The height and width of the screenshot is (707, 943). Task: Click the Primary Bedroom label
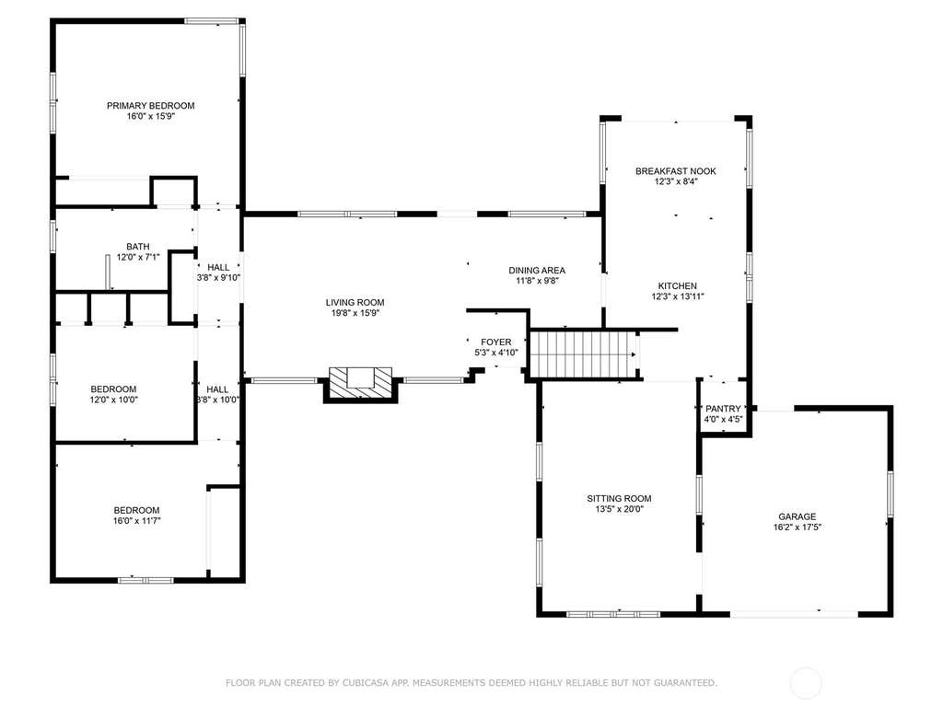click(150, 106)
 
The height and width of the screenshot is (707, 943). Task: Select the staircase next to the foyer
click(583, 354)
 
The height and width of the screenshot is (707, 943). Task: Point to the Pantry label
click(723, 409)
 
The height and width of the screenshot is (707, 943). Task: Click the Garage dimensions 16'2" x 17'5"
click(797, 527)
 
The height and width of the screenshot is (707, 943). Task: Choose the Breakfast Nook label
click(676, 171)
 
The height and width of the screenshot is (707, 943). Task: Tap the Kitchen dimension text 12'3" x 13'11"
click(678, 296)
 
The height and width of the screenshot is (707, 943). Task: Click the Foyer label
click(496, 342)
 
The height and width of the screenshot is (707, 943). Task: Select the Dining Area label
click(537, 271)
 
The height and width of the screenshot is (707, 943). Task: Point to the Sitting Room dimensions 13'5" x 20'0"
click(620, 509)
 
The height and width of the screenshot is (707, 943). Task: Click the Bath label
click(138, 247)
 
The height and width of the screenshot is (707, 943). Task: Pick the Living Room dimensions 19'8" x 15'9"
click(355, 313)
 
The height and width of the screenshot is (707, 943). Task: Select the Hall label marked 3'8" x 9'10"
click(218, 268)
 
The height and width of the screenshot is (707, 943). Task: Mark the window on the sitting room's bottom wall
click(613, 614)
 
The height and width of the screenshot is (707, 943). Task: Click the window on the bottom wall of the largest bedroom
click(146, 580)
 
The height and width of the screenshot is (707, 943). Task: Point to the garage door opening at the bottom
click(794, 614)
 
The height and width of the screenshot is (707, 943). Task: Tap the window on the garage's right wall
click(891, 493)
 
